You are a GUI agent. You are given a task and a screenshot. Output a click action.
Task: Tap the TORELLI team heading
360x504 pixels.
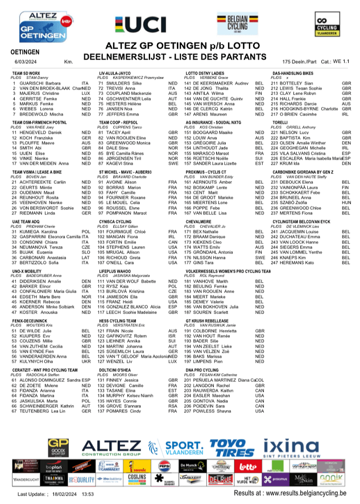[280, 123]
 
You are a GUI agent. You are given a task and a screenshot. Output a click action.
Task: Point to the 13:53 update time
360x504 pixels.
[87, 495]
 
